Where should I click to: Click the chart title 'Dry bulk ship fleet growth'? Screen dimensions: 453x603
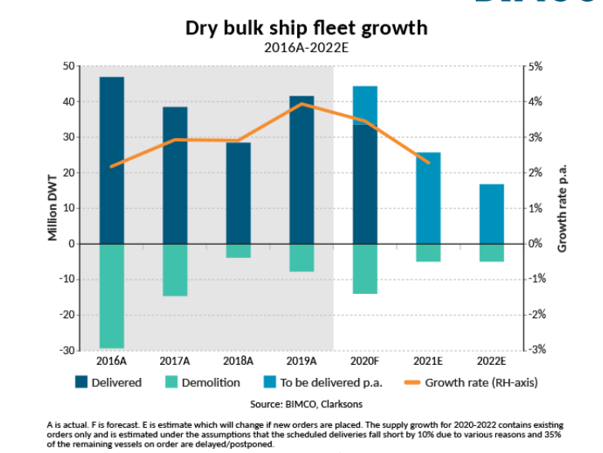pos(306,28)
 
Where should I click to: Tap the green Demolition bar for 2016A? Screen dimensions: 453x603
pos(112,295)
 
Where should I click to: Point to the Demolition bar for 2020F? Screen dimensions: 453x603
pos(365,269)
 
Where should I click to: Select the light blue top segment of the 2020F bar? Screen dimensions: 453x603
pos(365,105)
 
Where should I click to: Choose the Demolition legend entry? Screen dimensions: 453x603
pos(203,382)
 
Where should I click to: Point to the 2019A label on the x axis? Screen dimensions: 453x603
pos(301,361)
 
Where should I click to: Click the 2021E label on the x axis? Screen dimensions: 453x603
pos(428,361)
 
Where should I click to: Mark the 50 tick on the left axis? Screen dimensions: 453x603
pos(69,66)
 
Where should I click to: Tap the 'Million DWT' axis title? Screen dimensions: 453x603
pos(53,208)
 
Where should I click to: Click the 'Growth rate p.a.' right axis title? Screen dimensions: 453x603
pos(562,208)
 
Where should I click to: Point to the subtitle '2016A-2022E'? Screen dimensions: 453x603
pos(306,47)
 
